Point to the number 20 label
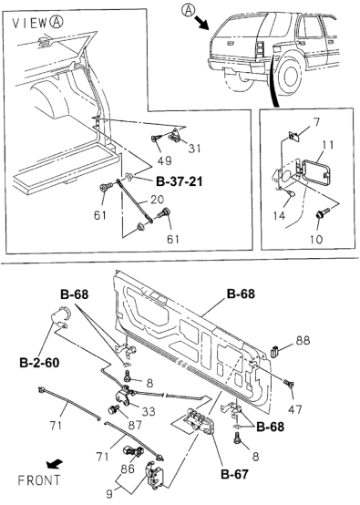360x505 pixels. (158, 200)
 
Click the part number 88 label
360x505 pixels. (304, 342)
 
